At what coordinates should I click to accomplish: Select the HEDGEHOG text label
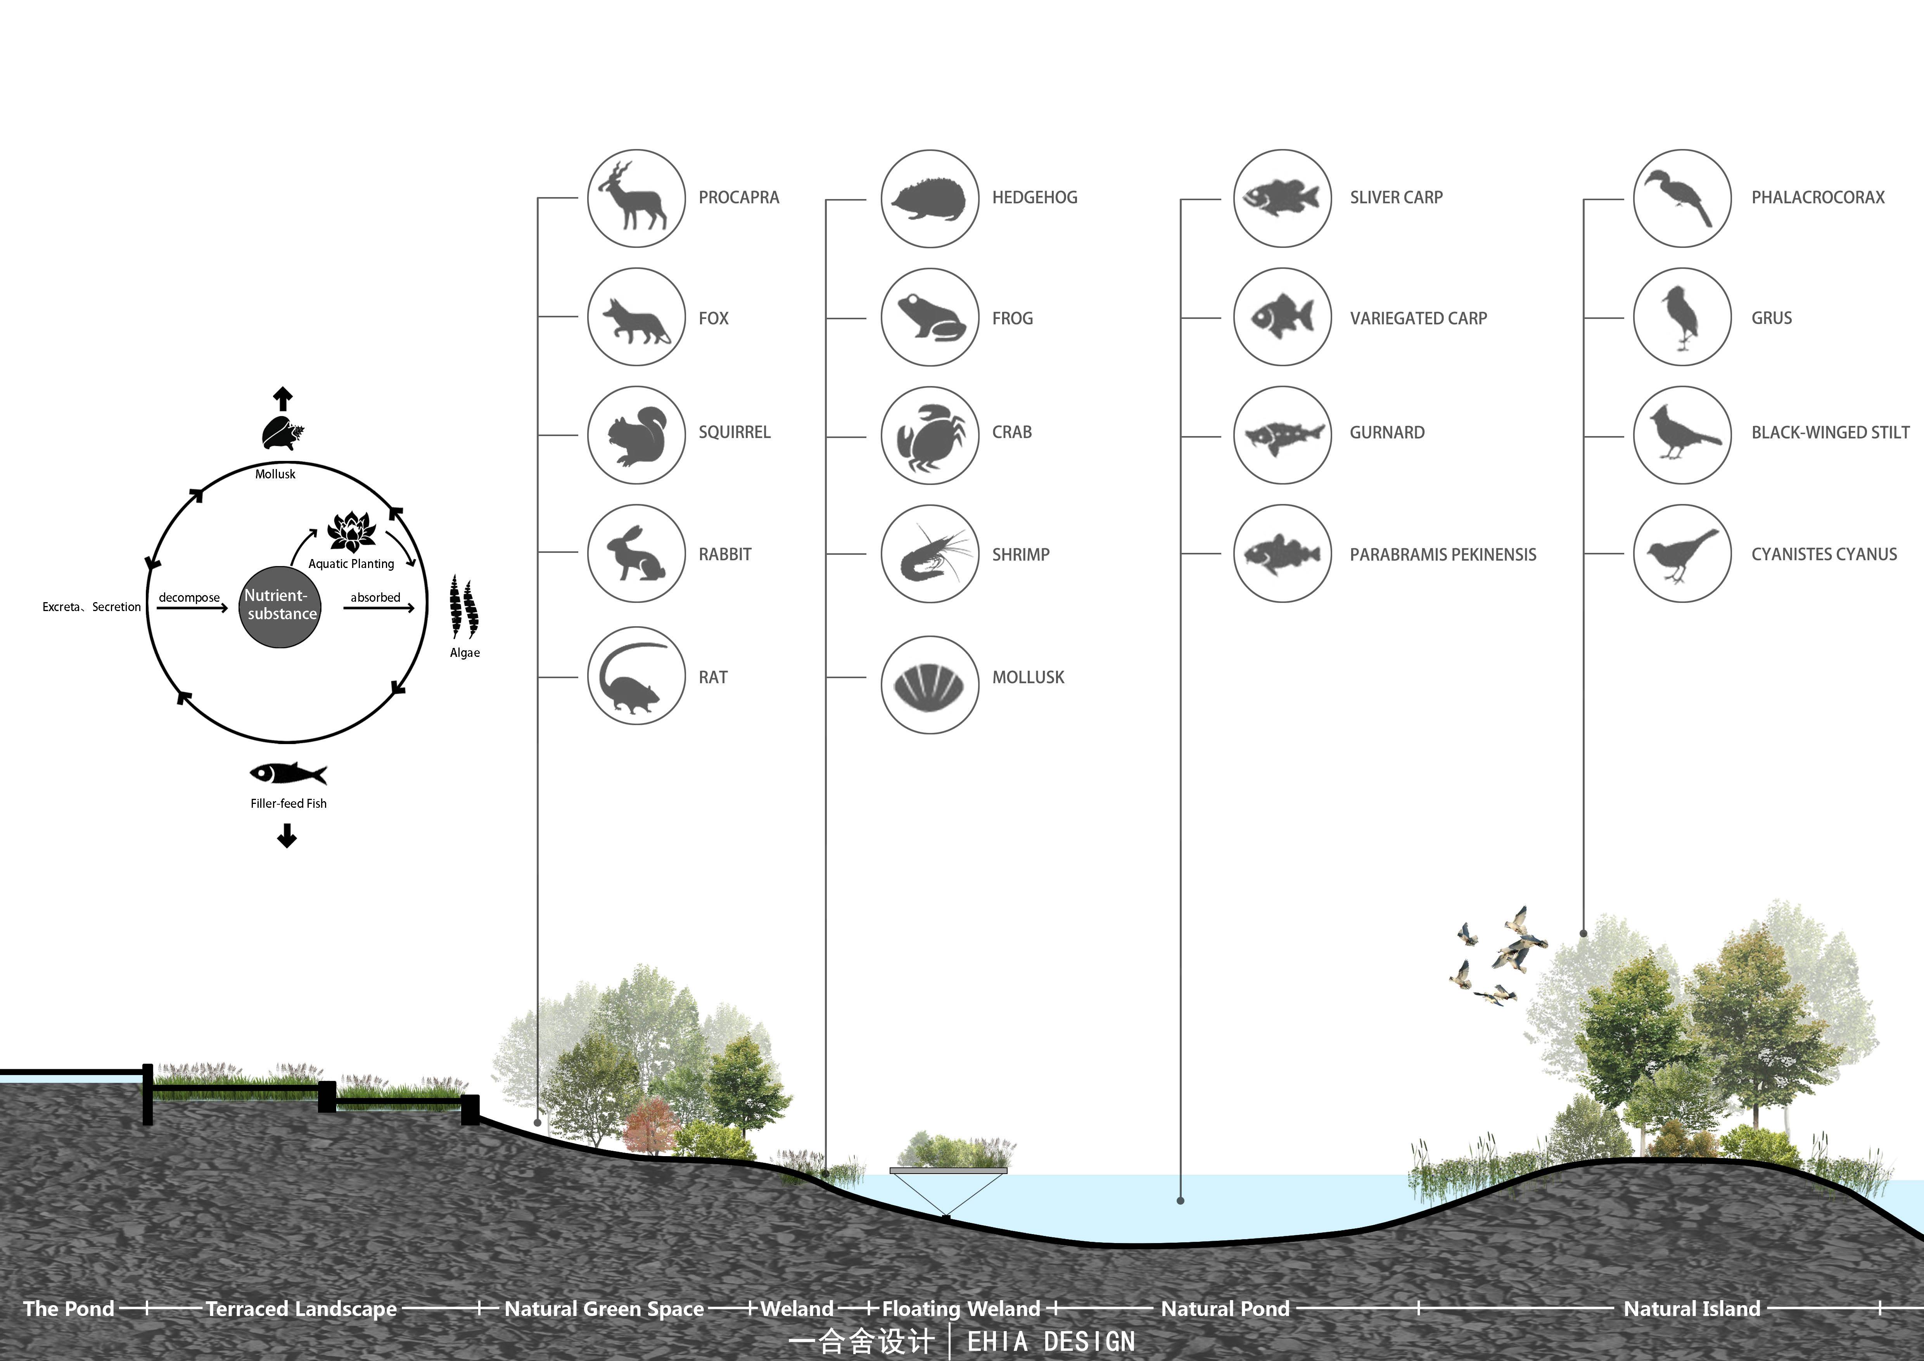click(1034, 198)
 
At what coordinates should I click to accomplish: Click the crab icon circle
click(929, 436)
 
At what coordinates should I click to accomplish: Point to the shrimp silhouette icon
click(930, 553)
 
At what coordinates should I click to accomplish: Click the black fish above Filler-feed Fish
click(287, 774)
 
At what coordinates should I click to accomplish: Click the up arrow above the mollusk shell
click(283, 399)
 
